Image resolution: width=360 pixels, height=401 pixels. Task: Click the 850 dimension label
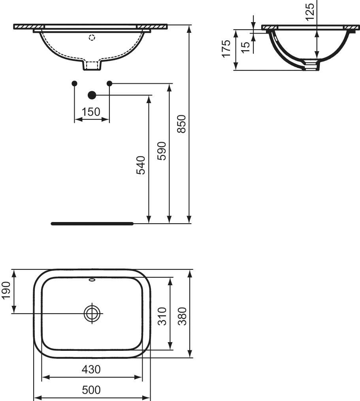point(181,124)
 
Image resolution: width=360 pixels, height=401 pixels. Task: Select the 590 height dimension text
point(162,151)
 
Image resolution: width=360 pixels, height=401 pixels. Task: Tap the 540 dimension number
point(141,165)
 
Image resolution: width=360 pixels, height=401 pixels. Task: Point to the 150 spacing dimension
point(91,112)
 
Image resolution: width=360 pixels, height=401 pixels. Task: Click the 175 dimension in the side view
point(226,49)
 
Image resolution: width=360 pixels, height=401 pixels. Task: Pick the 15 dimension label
point(245,47)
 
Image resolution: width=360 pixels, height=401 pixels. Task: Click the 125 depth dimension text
point(309,12)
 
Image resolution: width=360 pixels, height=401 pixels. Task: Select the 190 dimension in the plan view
point(6,290)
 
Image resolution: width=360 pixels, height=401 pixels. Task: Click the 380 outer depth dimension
point(182,316)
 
